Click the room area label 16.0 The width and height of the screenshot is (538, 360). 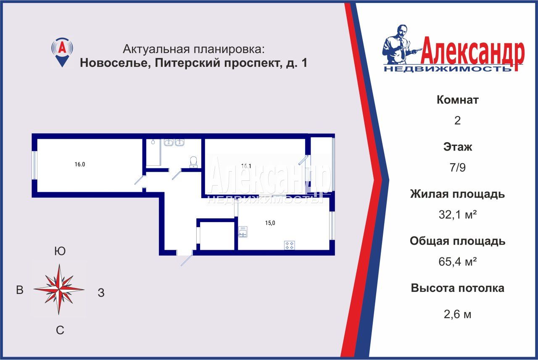(80, 164)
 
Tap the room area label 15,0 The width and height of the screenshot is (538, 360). (270, 223)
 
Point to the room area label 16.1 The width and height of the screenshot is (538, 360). (246, 166)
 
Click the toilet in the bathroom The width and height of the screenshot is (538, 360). (193, 162)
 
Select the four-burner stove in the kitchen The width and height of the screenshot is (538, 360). (290, 245)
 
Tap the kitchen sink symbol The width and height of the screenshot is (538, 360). (243, 232)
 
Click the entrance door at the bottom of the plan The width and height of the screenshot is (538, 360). (187, 258)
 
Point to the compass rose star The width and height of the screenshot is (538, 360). (59, 289)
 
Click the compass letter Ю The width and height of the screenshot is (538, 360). (60, 251)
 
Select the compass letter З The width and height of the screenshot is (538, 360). (101, 293)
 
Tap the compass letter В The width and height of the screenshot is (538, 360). (20, 290)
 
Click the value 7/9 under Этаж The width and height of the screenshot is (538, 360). (458, 167)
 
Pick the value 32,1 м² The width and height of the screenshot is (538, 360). (458, 214)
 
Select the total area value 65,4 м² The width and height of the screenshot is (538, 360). (458, 262)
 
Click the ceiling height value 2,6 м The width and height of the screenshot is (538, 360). (458, 314)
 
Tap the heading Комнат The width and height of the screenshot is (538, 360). (458, 100)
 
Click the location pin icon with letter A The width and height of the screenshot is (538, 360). (62, 53)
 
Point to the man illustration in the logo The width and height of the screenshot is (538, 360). (401, 45)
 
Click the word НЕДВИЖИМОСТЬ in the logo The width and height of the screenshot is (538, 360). (448, 69)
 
